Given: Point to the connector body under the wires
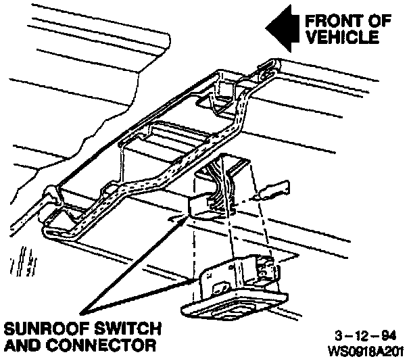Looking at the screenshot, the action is pos(206,203).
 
